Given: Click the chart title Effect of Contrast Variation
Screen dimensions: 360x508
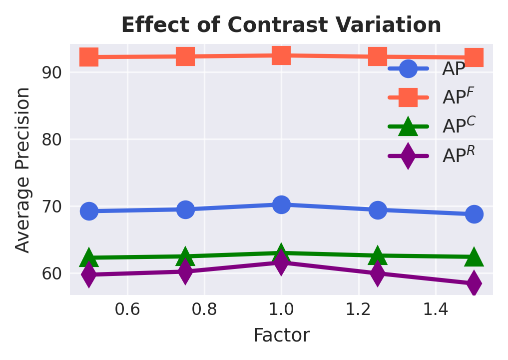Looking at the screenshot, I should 281,25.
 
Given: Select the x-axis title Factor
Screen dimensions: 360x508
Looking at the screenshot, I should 281,335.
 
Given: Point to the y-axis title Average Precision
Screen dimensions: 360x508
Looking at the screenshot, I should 23,169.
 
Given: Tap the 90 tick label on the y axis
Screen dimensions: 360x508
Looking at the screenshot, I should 51,72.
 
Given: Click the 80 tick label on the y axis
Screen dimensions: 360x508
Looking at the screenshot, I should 51,139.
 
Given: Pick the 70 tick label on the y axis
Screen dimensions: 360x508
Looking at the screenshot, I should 51,206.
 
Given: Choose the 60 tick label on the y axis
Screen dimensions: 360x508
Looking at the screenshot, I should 51,273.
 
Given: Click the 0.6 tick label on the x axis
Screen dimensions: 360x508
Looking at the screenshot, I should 127,310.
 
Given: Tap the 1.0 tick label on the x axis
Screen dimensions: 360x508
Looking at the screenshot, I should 281,310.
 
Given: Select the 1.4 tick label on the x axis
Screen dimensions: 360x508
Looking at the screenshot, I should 436,310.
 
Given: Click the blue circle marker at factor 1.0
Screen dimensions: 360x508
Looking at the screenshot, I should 281,204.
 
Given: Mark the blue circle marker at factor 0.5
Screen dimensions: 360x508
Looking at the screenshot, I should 89,211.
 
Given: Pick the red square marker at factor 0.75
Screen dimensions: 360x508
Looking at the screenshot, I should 185,56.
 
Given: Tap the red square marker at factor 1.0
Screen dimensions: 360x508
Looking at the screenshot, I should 281,55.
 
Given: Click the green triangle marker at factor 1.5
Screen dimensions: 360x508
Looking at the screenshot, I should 474,257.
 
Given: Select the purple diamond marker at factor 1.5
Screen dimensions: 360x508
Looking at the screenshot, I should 474,283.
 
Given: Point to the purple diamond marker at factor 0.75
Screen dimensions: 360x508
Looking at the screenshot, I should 185,271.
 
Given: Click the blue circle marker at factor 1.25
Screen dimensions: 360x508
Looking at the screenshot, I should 378,210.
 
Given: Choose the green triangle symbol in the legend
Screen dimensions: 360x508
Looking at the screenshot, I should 408,126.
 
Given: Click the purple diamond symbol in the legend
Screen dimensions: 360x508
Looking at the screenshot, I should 408,155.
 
